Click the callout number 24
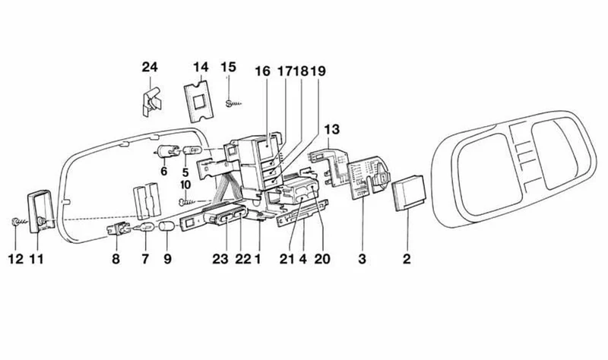point(150,67)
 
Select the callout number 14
point(201,67)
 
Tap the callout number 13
point(331,129)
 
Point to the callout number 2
point(407,259)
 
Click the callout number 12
point(16,259)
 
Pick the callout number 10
point(185,185)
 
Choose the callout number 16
point(262,71)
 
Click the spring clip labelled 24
point(151,102)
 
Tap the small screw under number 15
point(233,103)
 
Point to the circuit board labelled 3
point(368,177)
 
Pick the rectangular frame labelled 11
point(40,211)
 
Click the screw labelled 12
point(17,222)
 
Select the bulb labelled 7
point(144,228)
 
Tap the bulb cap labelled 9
point(167,226)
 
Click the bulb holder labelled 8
point(117,229)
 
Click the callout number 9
point(167,259)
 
